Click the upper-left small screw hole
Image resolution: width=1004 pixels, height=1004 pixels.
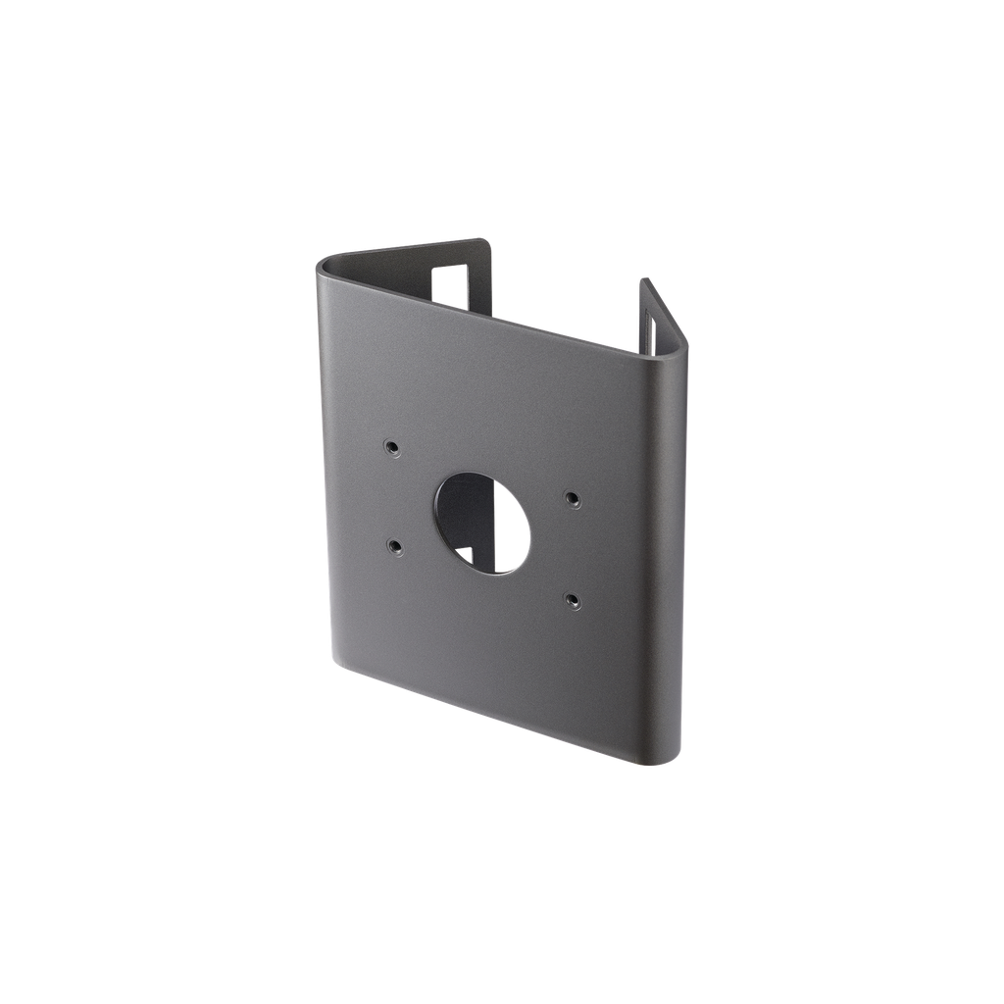tap(391, 447)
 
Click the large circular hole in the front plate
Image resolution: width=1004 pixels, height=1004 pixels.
tap(479, 523)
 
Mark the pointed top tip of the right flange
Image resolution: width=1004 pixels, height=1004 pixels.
tap(643, 280)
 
